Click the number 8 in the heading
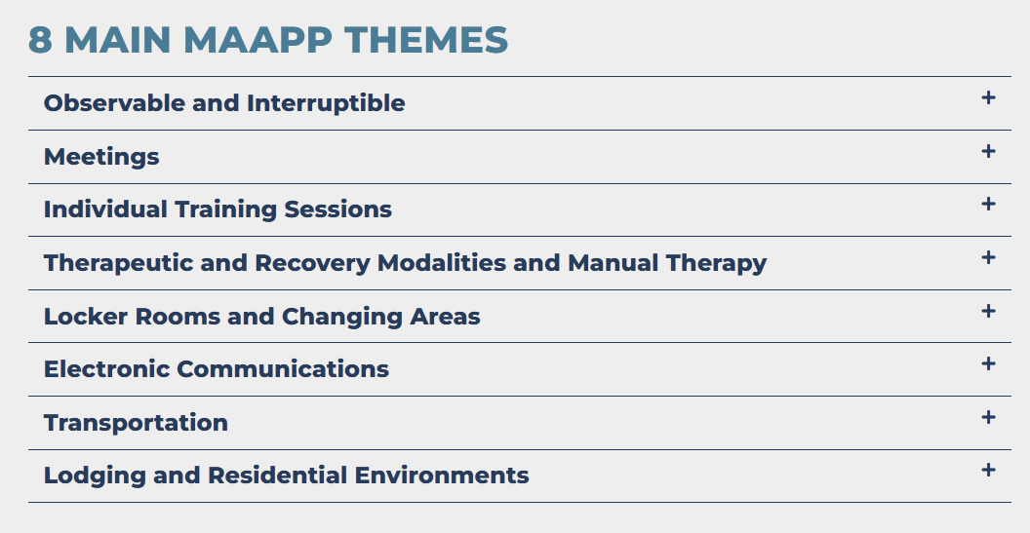click(x=40, y=39)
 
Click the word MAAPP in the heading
click(x=257, y=39)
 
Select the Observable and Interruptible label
click(x=224, y=103)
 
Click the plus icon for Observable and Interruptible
click(x=988, y=97)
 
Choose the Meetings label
click(x=101, y=157)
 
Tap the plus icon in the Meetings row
click(x=988, y=152)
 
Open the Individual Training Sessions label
click(x=218, y=209)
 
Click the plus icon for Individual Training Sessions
click(x=988, y=205)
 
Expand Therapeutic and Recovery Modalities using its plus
click(x=988, y=258)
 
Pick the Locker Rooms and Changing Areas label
click(x=261, y=317)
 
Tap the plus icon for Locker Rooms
click(x=988, y=311)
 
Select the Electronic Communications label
click(x=217, y=369)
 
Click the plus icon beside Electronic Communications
click(x=988, y=363)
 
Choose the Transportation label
click(x=136, y=423)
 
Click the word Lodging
click(x=95, y=476)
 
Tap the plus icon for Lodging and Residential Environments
click(x=988, y=470)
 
